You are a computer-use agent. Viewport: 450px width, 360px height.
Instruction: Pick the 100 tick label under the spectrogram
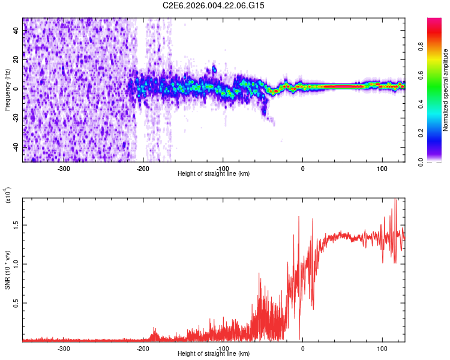click(382, 168)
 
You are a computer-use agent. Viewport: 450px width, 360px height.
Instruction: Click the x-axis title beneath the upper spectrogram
click(214, 174)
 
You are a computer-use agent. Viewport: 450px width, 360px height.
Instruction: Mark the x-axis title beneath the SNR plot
click(214, 355)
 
